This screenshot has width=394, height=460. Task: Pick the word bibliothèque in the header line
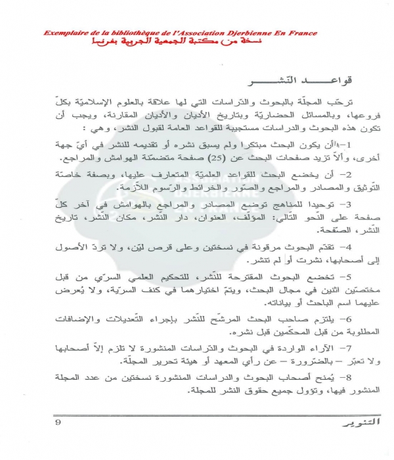137,34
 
